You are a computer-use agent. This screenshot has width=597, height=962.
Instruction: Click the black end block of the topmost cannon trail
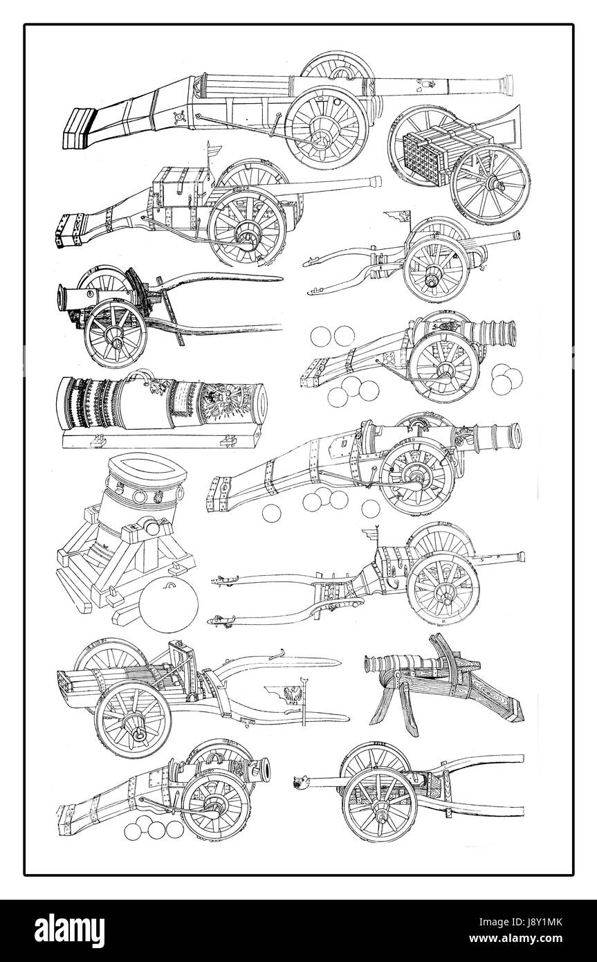tap(78, 129)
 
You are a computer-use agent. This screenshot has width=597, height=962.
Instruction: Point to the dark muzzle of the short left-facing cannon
tap(61, 297)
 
